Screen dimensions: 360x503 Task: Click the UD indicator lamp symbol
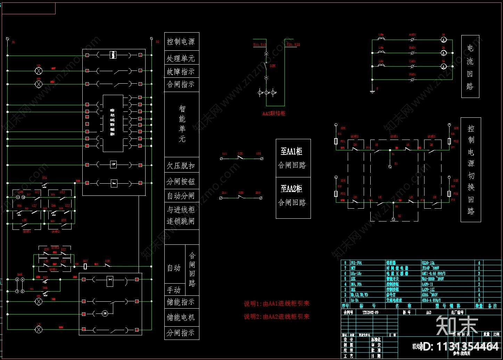point(39,71)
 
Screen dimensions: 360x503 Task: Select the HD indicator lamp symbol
point(39,84)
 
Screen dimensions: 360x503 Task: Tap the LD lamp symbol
point(39,329)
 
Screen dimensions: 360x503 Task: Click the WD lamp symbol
point(39,301)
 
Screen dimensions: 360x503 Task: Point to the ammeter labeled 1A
point(444,40)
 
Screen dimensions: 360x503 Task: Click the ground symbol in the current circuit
point(372,92)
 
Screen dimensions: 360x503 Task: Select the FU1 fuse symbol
point(336,141)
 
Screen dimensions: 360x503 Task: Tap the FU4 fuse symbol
point(449,193)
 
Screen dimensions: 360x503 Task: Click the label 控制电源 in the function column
point(181,42)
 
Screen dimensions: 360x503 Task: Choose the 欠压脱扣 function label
point(181,166)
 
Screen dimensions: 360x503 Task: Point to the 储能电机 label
point(181,317)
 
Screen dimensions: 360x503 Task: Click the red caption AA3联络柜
point(274,113)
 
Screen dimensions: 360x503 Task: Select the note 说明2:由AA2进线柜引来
point(277,317)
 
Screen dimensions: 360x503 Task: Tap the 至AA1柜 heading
point(291,151)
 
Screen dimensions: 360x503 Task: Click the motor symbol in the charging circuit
point(104,314)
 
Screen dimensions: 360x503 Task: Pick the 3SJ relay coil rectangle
point(85,267)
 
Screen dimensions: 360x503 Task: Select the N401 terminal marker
point(412,79)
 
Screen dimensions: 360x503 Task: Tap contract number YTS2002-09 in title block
point(370,312)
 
